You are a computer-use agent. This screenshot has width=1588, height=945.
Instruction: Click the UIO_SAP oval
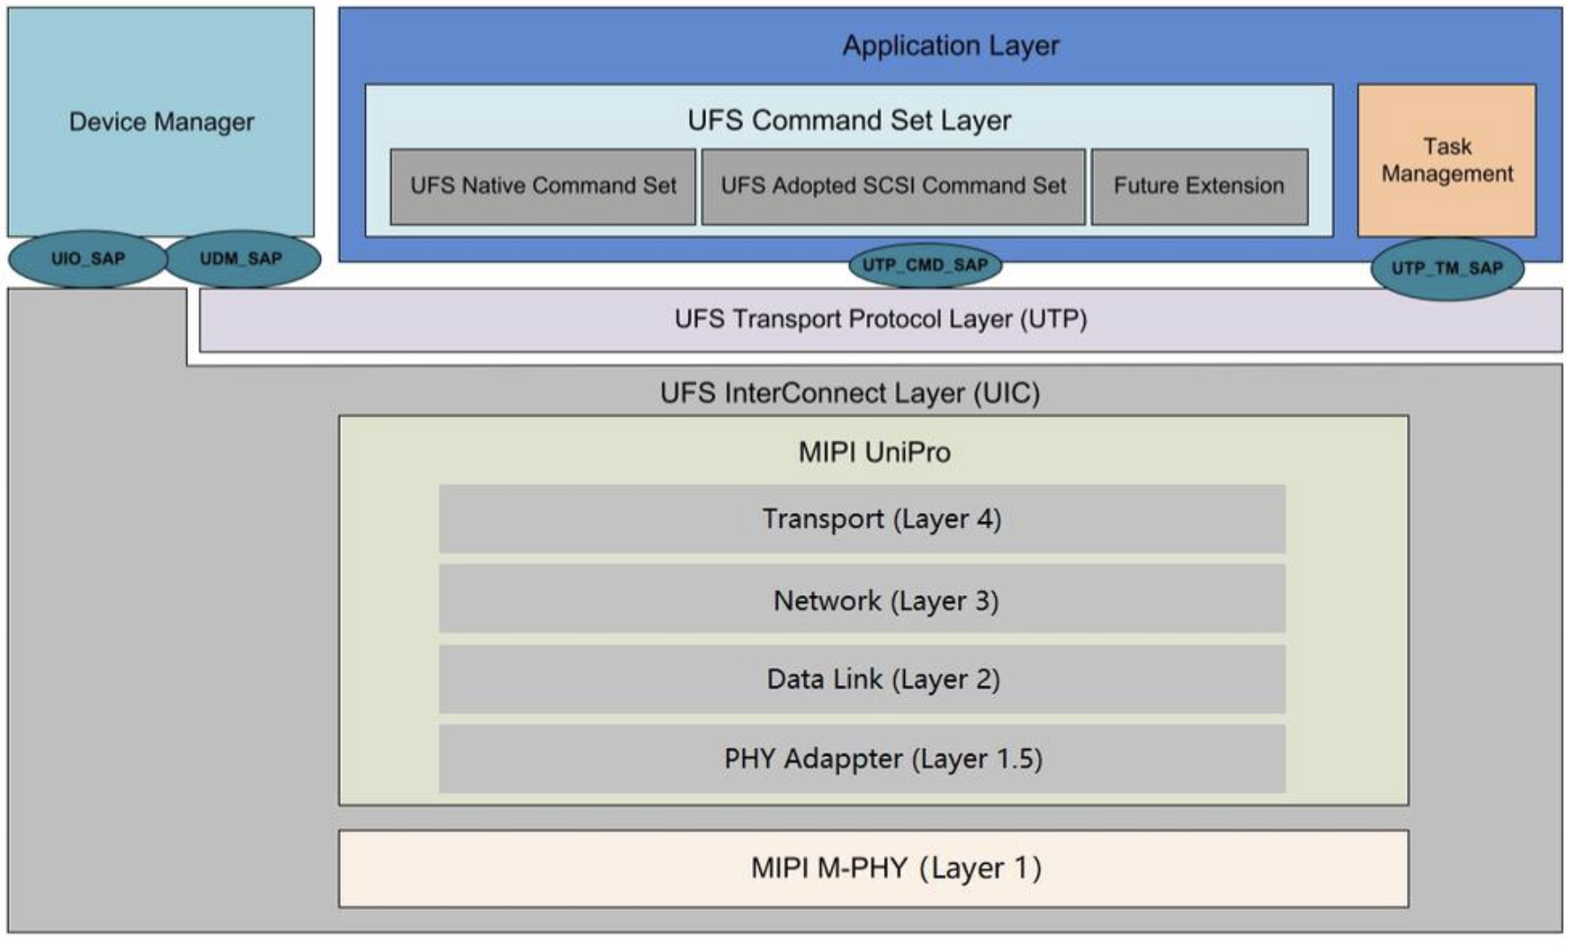click(87, 259)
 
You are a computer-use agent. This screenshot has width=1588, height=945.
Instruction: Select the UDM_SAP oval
click(240, 259)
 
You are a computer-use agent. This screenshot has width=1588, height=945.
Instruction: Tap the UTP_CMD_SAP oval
click(924, 265)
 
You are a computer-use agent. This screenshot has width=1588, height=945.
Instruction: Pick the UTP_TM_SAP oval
click(1447, 268)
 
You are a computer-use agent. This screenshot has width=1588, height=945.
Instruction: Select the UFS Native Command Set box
click(543, 186)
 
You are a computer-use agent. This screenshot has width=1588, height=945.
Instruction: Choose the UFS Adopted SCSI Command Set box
click(893, 186)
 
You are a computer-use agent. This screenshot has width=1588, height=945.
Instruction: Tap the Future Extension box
click(1198, 186)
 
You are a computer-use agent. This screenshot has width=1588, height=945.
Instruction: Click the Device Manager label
click(162, 122)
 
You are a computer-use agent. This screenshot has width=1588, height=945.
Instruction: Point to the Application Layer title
click(950, 46)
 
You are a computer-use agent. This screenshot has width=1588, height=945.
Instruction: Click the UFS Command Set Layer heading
click(848, 120)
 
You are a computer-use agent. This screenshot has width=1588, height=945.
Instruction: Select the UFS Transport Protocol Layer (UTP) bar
click(880, 319)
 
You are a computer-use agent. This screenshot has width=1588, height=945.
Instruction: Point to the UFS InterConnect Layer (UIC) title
click(849, 393)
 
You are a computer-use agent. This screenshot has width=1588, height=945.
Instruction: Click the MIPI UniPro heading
click(874, 452)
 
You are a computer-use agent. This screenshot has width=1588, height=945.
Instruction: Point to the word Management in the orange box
click(1447, 174)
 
